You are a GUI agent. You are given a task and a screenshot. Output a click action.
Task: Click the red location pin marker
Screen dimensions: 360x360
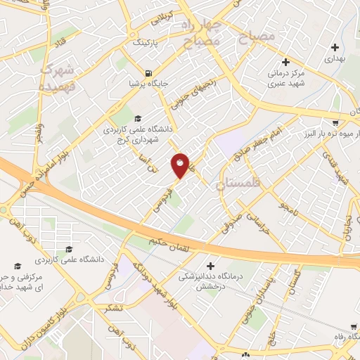[180, 165]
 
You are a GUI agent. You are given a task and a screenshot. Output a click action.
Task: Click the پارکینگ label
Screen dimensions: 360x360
[146, 42]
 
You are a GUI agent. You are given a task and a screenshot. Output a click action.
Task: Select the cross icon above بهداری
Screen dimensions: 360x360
[335, 47]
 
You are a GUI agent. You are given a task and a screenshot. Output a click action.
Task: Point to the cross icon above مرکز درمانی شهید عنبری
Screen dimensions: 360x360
[284, 60]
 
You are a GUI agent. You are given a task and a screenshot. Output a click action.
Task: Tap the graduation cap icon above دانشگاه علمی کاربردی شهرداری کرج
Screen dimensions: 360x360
[138, 117]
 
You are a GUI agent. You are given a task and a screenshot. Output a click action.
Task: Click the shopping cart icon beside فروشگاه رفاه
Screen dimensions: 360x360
[352, 326]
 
